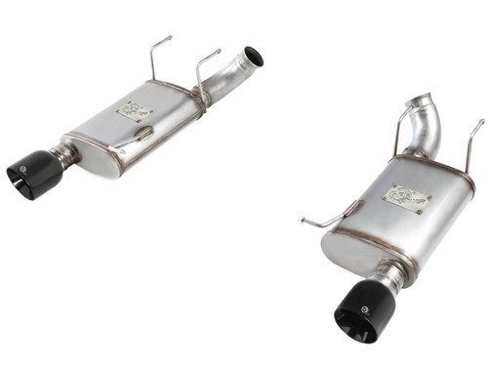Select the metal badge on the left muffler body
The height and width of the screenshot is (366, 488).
[135, 110]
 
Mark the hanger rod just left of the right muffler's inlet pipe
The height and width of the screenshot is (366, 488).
[400, 127]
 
